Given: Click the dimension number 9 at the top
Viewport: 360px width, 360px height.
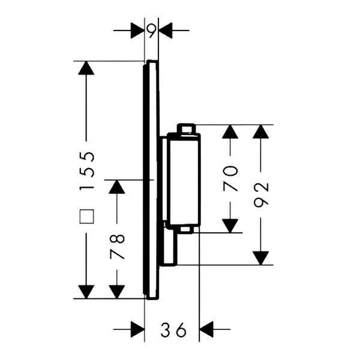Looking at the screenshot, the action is click(152, 31).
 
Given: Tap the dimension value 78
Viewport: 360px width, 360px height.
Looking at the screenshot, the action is click(117, 247).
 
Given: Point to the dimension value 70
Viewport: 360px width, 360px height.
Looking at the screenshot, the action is click(230, 179).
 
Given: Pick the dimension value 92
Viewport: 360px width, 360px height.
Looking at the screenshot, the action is click(261, 194).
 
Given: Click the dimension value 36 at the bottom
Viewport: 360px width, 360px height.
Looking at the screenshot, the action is click(173, 329).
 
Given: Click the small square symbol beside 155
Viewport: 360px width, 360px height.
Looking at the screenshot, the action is click(86, 216).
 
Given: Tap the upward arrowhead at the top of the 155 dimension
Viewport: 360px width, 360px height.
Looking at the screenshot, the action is click(86, 68).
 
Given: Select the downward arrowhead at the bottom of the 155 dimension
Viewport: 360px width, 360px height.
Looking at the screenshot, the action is click(86, 292).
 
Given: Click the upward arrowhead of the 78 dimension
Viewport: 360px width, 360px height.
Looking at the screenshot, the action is click(117, 187).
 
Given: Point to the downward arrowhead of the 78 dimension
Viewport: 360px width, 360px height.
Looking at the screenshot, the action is click(117, 292).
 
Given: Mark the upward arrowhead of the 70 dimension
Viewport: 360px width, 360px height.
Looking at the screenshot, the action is click(230, 131).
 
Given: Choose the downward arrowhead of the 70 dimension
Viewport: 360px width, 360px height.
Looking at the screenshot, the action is click(230, 226).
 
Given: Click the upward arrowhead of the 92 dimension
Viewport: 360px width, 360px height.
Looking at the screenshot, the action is click(261, 131).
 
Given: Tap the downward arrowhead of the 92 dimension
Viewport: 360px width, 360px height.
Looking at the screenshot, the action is click(261, 258).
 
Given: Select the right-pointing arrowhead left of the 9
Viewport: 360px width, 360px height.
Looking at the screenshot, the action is click(137, 31).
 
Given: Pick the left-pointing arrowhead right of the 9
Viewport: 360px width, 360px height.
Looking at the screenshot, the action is click(166, 31).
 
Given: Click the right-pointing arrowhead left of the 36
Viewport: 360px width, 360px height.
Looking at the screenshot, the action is click(137, 329).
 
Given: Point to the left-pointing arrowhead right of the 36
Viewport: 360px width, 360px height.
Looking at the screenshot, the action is click(206, 329).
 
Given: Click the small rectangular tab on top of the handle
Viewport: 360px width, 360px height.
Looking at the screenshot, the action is click(186, 128).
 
